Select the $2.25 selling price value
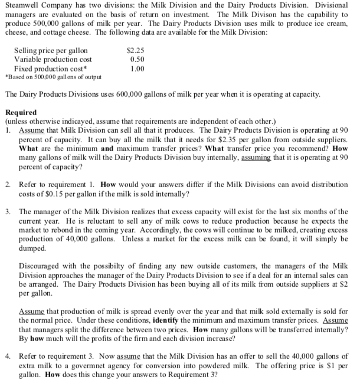click(136, 51)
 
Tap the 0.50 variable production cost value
click(137, 60)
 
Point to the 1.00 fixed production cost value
click(137, 68)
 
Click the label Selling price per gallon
click(51, 51)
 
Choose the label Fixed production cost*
click(49, 68)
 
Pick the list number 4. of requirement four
click(8, 356)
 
